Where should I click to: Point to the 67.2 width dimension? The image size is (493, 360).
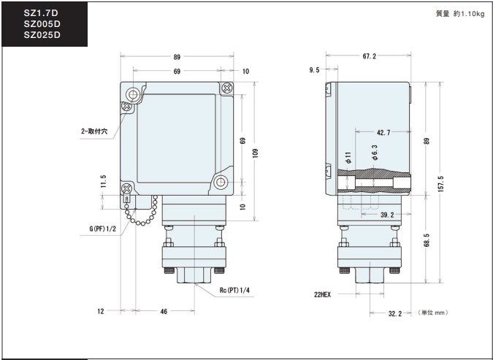[369, 56]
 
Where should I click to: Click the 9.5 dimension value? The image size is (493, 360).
[314, 70]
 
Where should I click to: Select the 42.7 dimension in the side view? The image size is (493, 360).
[383, 132]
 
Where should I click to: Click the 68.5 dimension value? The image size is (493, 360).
[427, 240]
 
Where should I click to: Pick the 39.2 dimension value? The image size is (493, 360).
[388, 215]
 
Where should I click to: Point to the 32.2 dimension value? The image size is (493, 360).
[394, 313]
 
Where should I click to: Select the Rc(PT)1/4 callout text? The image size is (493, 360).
[235, 291]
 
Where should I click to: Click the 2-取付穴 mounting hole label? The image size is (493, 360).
[94, 131]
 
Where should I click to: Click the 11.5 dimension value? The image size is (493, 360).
[104, 180]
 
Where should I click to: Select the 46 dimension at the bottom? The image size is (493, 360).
[164, 311]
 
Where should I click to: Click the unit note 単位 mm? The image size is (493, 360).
[433, 313]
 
